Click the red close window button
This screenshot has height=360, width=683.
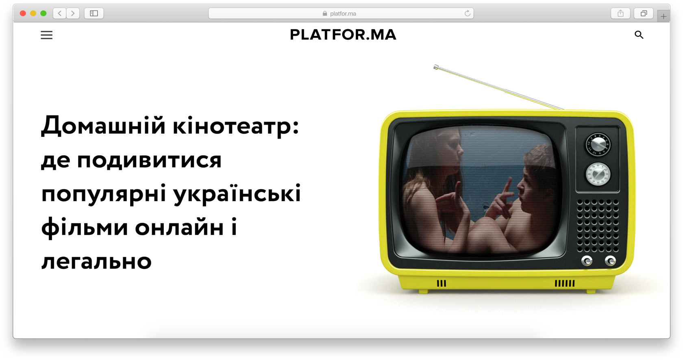tap(23, 13)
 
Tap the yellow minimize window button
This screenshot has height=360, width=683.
tap(33, 13)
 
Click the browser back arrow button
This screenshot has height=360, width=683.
tap(60, 13)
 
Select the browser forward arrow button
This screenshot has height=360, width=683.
tap(73, 13)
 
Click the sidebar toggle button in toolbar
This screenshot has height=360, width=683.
tap(94, 13)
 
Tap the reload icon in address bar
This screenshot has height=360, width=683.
tap(468, 13)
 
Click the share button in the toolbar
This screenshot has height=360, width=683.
tap(620, 13)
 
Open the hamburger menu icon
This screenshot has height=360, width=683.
tap(47, 35)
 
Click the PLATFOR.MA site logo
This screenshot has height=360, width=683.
tap(343, 35)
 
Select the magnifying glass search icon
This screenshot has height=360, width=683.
tap(639, 35)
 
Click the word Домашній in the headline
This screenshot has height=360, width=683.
tap(103, 125)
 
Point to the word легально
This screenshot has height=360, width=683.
tap(96, 262)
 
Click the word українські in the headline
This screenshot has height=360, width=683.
tap(237, 193)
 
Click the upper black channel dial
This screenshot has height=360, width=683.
tap(598, 145)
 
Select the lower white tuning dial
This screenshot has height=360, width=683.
tap(598, 174)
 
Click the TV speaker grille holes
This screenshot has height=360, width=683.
tap(598, 226)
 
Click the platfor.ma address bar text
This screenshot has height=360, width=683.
tap(343, 13)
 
